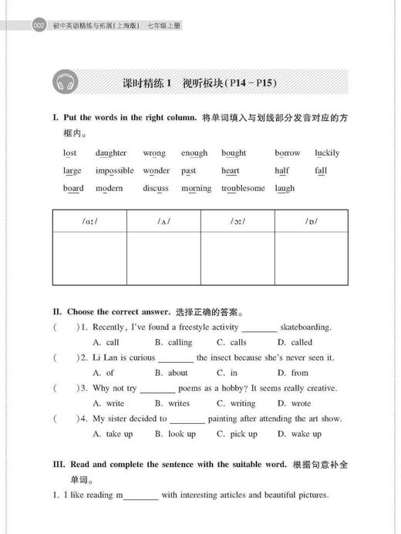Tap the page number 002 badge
point(39,26)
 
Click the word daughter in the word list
point(111,153)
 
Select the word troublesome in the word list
point(243,188)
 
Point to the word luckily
point(327,153)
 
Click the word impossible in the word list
point(115,170)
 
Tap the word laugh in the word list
point(285,188)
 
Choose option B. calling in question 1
point(174,342)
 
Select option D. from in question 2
point(293,373)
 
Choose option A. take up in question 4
point(113,434)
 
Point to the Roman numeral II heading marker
point(56,312)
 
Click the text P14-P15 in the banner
point(249,82)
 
